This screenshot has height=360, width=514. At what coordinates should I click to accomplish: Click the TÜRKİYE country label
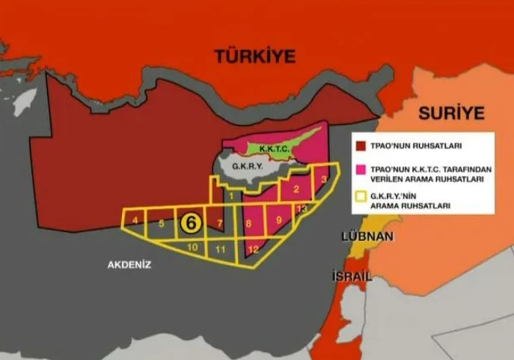click(255, 56)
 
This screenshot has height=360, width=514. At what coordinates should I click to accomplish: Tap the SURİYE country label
click(451, 114)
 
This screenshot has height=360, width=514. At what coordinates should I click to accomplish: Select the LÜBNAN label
click(367, 236)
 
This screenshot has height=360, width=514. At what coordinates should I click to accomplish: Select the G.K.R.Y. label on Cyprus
click(247, 166)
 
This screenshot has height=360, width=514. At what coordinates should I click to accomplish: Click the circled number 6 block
click(190, 222)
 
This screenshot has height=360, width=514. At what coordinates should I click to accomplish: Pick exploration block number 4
click(135, 221)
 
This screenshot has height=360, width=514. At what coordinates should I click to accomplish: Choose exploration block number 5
click(161, 223)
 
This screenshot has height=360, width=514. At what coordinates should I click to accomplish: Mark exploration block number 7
click(219, 224)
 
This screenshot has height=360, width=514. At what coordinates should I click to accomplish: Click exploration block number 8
click(249, 224)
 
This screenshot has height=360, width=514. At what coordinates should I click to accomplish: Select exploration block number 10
click(192, 247)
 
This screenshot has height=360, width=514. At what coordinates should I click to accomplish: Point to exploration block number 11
click(220, 249)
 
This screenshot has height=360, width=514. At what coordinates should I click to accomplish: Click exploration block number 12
click(253, 249)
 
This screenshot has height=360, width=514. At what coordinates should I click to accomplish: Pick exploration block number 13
click(302, 208)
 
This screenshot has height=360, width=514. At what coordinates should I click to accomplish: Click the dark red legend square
click(361, 147)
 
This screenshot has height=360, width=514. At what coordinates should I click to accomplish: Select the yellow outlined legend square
click(361, 198)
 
